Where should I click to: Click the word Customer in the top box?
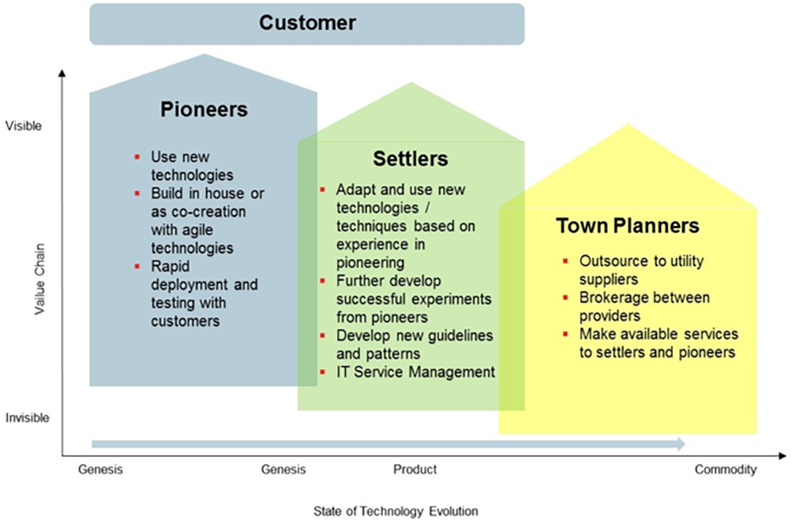pyautogui.click(x=307, y=23)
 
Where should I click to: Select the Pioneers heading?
pyautogui.click(x=204, y=109)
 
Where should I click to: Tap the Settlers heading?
pyautogui.click(x=410, y=159)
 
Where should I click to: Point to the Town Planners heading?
pyautogui.click(x=627, y=226)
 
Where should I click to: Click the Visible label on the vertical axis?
pyautogui.click(x=23, y=126)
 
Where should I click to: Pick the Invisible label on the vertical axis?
pyautogui.click(x=28, y=418)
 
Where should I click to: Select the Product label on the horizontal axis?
pyautogui.click(x=415, y=469)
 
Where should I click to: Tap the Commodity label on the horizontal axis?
pyautogui.click(x=726, y=469)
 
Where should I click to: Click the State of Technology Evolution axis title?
pyautogui.click(x=396, y=511)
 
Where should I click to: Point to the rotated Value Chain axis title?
pyautogui.click(x=40, y=279)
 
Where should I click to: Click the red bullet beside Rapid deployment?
pyautogui.click(x=137, y=266)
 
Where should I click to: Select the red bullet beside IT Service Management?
pyautogui.click(x=323, y=372)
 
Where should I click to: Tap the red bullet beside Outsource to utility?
pyautogui.click(x=565, y=261)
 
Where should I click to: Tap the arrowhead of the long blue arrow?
pyautogui.click(x=680, y=445)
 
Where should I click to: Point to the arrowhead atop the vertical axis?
pyautogui.click(x=62, y=73)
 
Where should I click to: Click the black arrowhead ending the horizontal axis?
pyautogui.click(x=782, y=457)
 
